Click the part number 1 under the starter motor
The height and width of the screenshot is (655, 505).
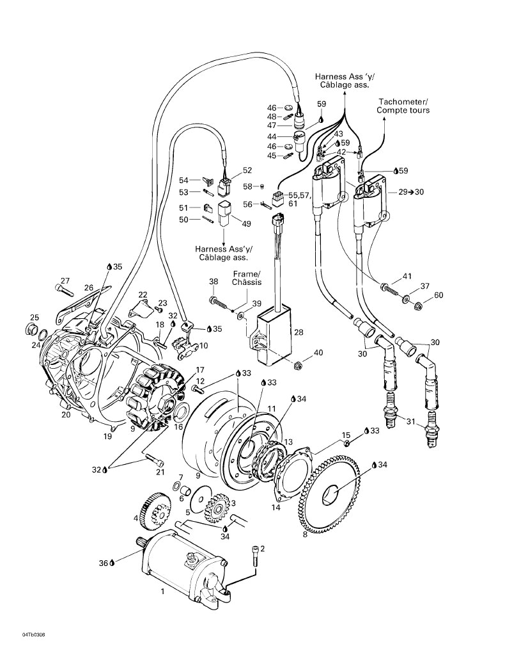pos(162,592)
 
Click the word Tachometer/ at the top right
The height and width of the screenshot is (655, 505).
pos(403,102)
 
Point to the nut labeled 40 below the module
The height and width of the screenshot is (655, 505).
pos(297,366)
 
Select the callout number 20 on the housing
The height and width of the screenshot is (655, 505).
pos(65,415)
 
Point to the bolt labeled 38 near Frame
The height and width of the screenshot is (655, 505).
pos(217,299)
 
